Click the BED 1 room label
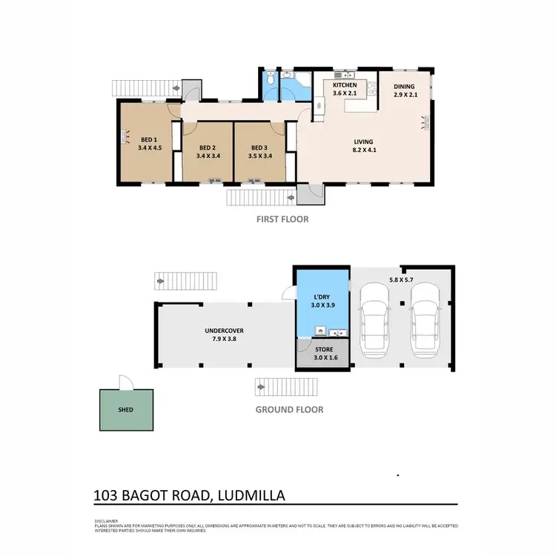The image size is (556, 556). (x=149, y=139)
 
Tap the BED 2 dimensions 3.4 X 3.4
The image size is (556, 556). (x=208, y=156)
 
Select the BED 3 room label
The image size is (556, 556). (x=258, y=147)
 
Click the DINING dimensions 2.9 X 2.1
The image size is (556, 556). (x=404, y=96)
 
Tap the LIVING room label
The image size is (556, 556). (x=363, y=142)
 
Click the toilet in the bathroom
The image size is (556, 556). (x=271, y=79)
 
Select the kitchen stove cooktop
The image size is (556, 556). (x=345, y=75)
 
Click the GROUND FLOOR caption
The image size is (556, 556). (x=289, y=409)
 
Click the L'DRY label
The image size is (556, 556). (x=322, y=298)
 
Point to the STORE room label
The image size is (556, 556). (x=322, y=349)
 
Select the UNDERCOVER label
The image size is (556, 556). (x=225, y=331)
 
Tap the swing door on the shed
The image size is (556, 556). (x=127, y=381)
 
